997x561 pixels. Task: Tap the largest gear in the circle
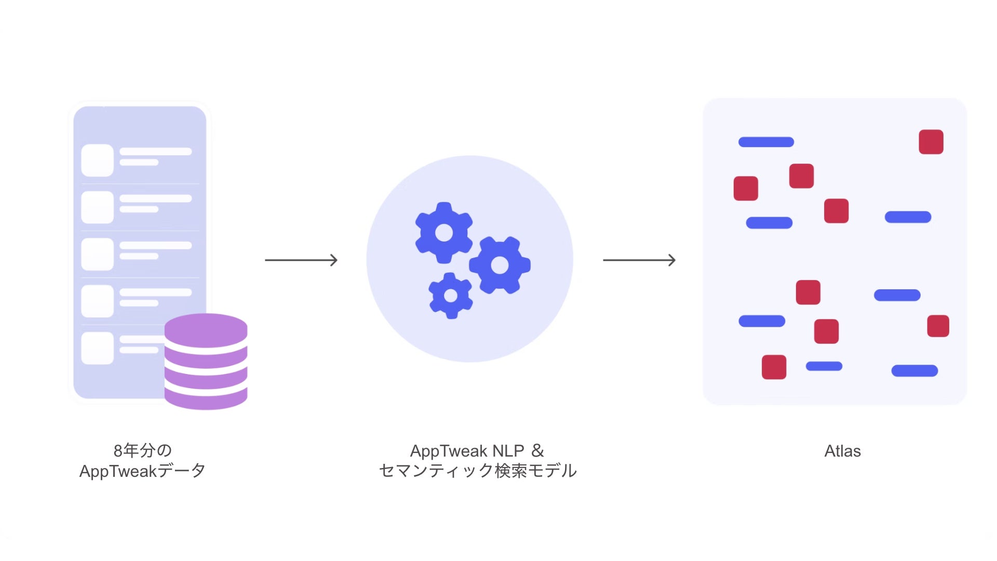tap(500, 265)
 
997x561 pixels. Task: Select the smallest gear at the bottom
tap(451, 296)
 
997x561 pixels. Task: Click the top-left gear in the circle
tap(444, 232)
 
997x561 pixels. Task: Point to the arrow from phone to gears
tap(301, 260)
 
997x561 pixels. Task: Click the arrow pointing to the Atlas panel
tap(639, 260)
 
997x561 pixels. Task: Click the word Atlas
tap(842, 451)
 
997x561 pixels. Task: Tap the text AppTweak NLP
tap(467, 451)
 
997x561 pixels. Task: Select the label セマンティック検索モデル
tap(478, 471)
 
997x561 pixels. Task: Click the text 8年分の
tap(142, 450)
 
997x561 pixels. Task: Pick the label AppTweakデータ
tap(142, 471)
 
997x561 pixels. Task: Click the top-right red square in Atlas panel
tap(931, 142)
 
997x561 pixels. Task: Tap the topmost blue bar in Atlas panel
tap(766, 142)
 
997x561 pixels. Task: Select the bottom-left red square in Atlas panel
tap(774, 367)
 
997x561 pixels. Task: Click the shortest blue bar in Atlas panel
tap(824, 366)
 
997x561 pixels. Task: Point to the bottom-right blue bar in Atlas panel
tap(914, 371)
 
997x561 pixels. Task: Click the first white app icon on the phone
tap(98, 161)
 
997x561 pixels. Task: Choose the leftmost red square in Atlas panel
tap(746, 188)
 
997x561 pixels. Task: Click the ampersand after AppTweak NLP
tap(538, 450)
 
